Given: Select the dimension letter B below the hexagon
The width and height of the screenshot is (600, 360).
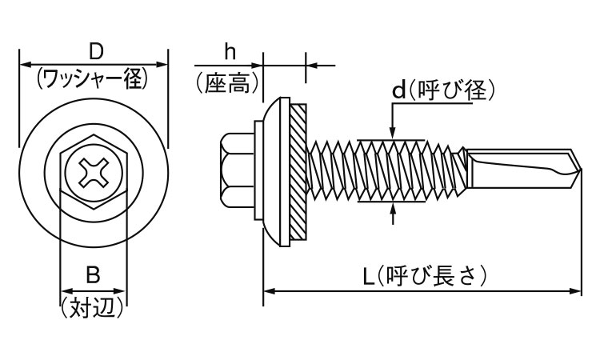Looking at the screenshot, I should (x=93, y=276).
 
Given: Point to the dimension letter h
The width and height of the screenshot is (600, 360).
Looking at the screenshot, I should (x=230, y=52).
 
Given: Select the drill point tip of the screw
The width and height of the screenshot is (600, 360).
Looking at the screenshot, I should (x=574, y=169).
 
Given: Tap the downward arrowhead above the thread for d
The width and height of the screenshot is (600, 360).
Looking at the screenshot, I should (x=392, y=134).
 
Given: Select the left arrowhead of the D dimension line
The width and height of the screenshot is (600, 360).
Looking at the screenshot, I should (x=24, y=62).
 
